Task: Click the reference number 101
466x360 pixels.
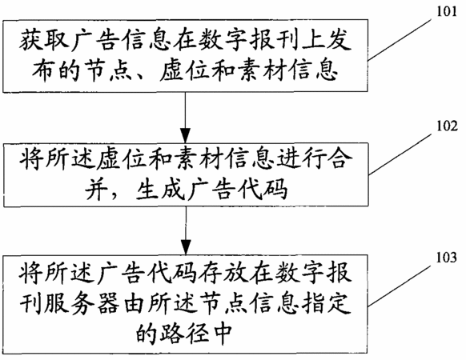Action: (x=447, y=12)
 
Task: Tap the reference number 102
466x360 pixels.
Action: (x=447, y=126)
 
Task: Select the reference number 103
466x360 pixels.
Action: (x=446, y=257)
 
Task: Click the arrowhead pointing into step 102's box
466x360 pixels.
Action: (x=186, y=135)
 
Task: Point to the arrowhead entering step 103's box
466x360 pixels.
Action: (x=186, y=247)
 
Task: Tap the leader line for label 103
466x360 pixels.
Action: (x=400, y=286)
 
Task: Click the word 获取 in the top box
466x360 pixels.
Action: (x=44, y=40)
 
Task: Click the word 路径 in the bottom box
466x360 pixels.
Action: (x=187, y=332)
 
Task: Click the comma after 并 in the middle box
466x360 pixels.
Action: (x=117, y=195)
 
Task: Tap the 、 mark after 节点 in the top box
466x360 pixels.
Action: (x=144, y=77)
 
